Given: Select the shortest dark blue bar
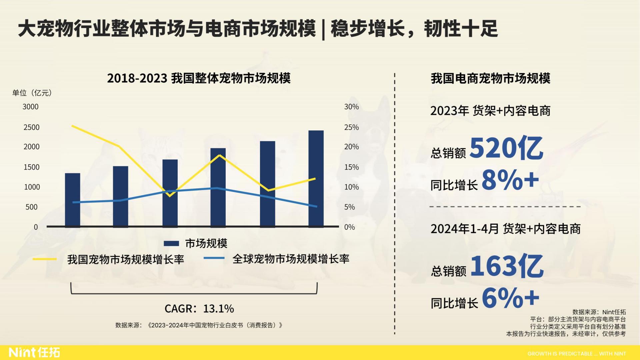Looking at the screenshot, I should coord(72,200).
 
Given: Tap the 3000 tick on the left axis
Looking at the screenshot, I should coord(30,107).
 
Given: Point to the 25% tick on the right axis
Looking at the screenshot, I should coord(351,127).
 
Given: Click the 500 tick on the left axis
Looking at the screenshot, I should coord(31,207).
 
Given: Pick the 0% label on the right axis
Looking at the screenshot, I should coord(349,227).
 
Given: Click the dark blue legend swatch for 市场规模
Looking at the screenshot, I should coord(171,244).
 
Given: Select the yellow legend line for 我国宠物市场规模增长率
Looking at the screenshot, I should coord(45,259).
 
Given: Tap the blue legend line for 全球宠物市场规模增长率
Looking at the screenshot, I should coord(214,258).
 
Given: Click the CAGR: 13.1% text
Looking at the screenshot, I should coord(199,309).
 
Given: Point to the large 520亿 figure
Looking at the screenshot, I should coord(506,148).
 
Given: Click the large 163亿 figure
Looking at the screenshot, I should coord(507,266).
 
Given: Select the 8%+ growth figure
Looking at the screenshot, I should coord(510,180).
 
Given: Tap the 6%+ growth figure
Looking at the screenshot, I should coord(510,298).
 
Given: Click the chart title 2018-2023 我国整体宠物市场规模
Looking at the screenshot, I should coord(199,78).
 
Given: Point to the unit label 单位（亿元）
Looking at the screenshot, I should coord(32,93).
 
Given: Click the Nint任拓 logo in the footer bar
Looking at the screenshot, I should coord(34,352).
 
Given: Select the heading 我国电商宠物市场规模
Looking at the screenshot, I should coord(490,78).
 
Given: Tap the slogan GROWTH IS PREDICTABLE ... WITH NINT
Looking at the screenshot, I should coord(576,354).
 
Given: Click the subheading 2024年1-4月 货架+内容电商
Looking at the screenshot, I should coord(505,229).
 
